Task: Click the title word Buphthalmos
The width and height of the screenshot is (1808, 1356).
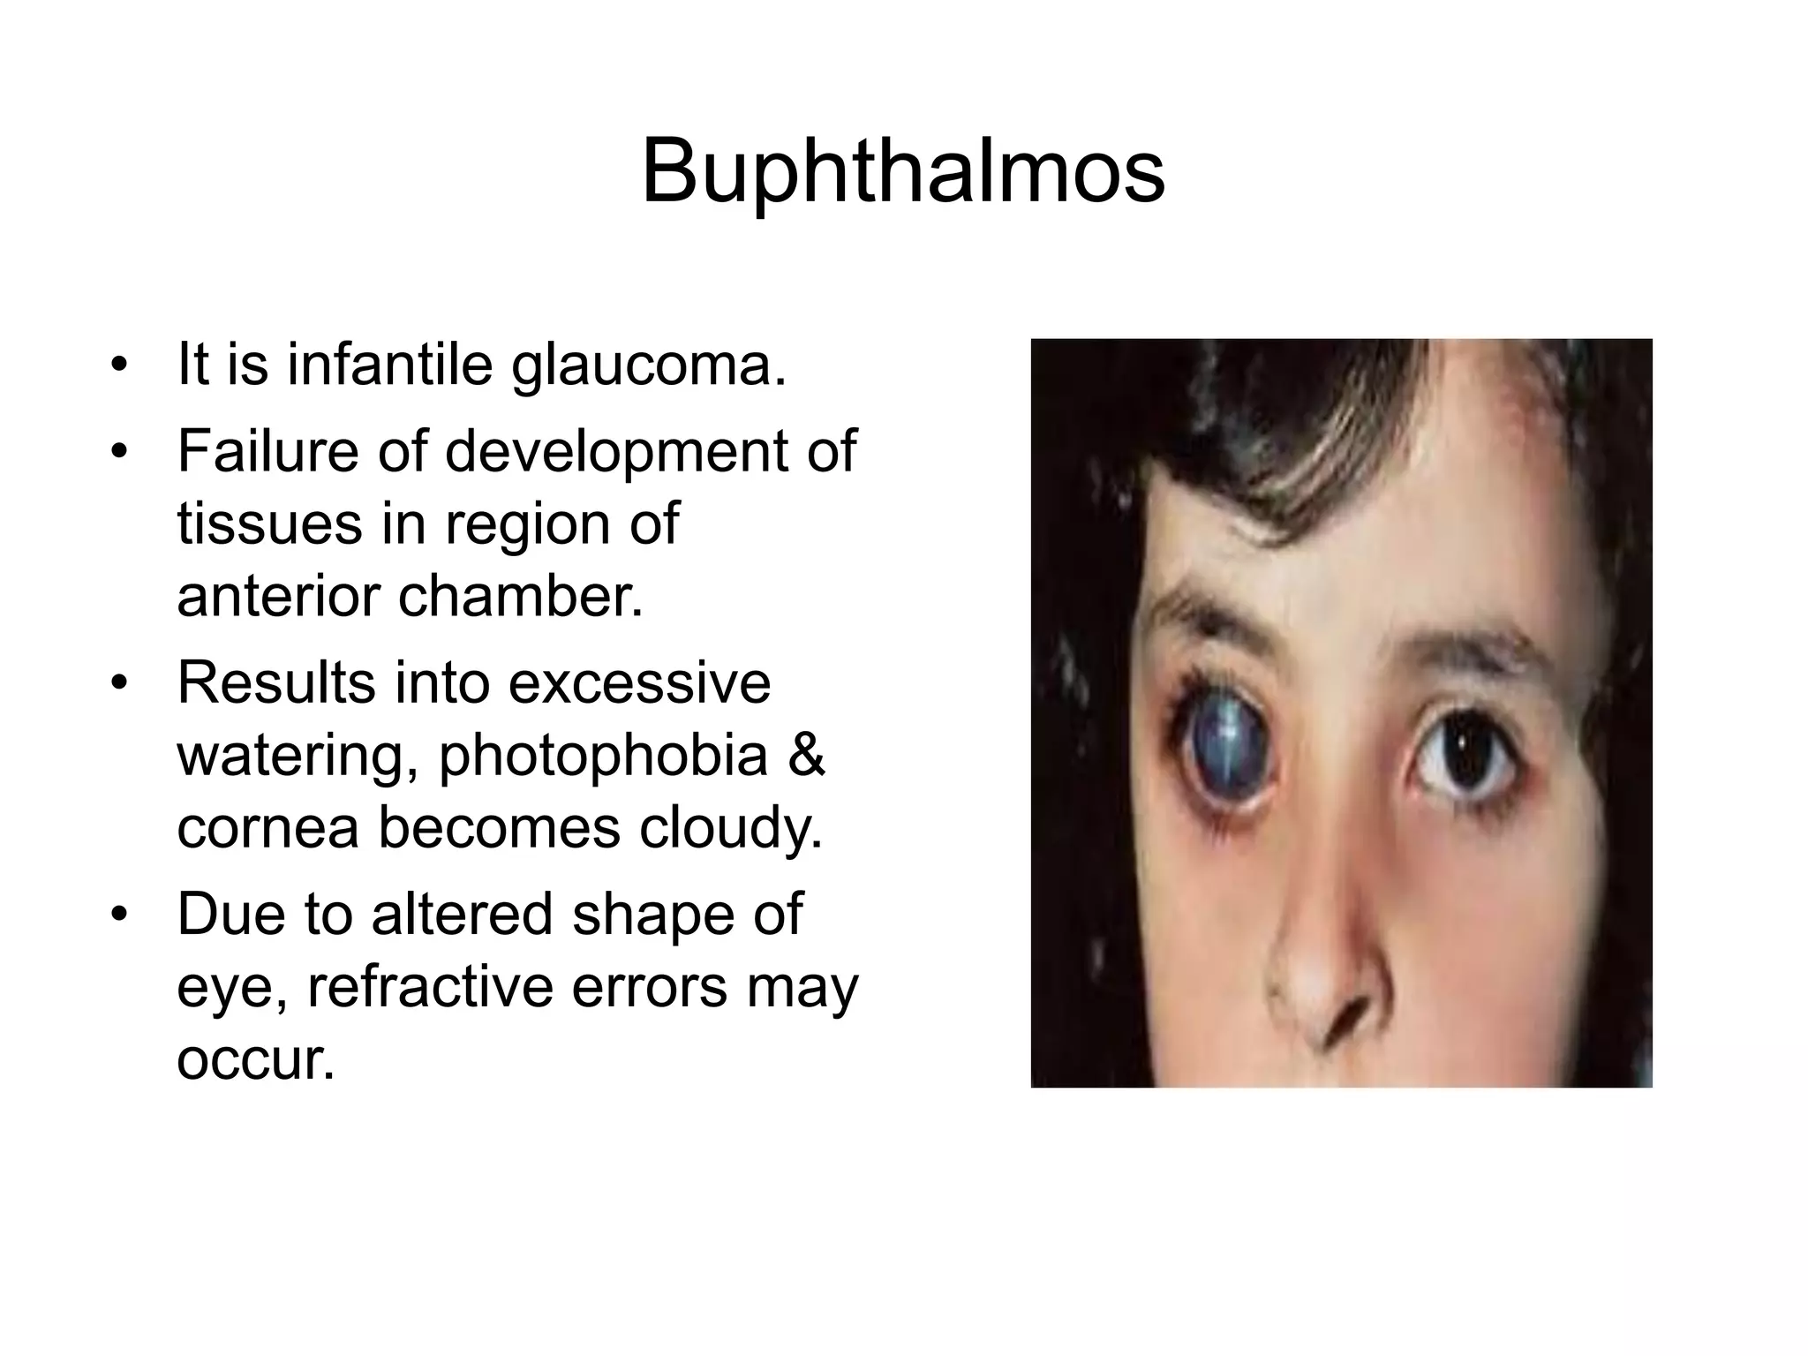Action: click(x=902, y=171)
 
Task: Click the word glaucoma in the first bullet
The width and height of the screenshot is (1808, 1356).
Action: click(x=649, y=364)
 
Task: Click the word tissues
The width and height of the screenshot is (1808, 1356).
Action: click(x=269, y=523)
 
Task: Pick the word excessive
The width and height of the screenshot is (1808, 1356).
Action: click(x=639, y=682)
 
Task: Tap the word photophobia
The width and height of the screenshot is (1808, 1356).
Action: click(x=603, y=757)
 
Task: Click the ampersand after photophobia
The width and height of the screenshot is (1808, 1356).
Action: click(x=806, y=755)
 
